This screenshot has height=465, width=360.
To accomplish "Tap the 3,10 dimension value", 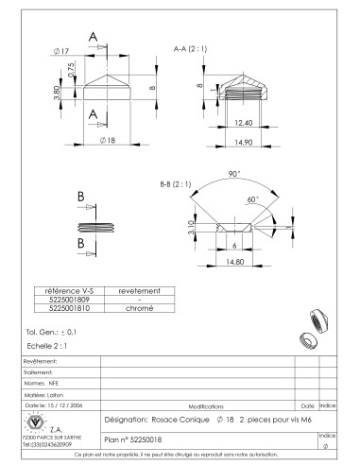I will [x=193, y=228].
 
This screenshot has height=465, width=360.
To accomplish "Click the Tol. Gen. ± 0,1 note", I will [x=53, y=334].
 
